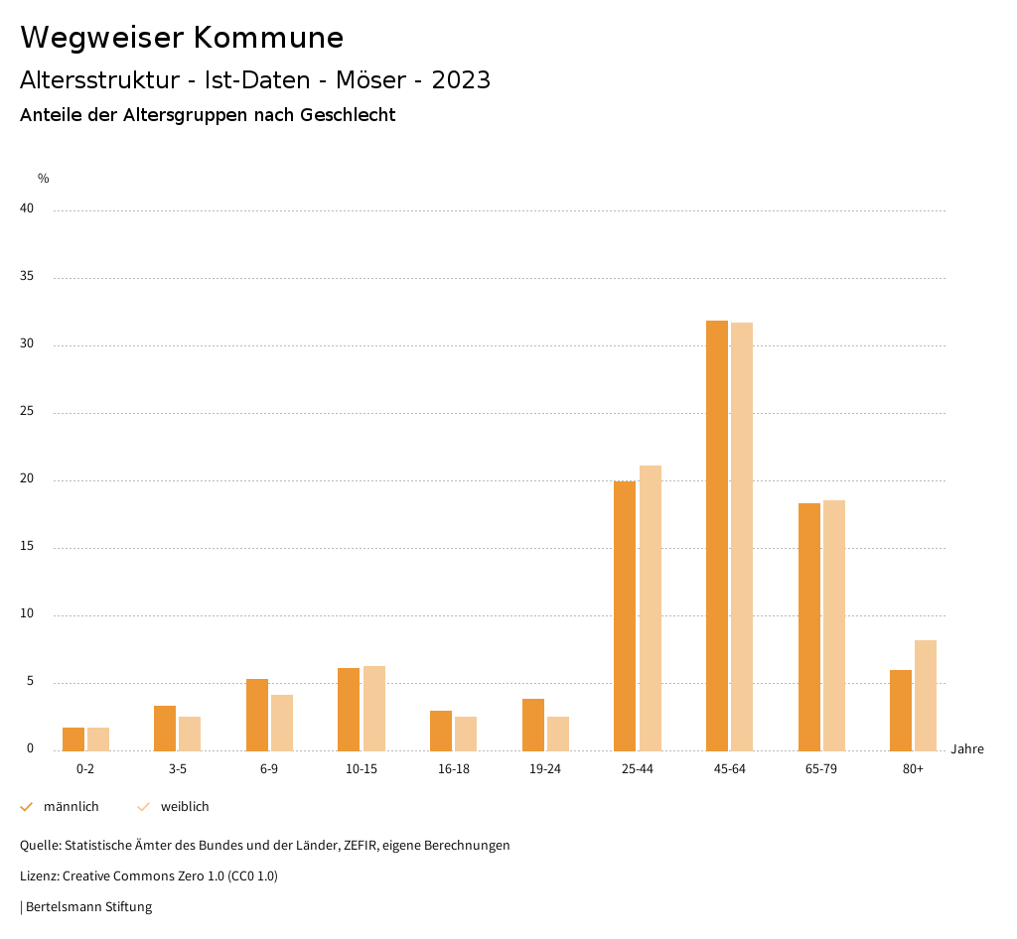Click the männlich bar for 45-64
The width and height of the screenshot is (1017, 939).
click(x=717, y=536)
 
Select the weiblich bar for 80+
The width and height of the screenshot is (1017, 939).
click(x=926, y=696)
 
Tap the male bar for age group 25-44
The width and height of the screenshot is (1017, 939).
click(x=625, y=615)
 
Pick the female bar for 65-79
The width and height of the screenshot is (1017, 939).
click(x=834, y=625)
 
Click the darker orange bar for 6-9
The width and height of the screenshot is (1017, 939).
click(x=257, y=715)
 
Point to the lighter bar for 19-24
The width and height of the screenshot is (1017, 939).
click(x=558, y=734)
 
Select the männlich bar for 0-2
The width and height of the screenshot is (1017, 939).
click(x=73, y=739)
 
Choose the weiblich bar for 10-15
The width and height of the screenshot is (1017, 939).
click(x=374, y=709)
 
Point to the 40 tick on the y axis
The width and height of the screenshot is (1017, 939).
click(x=27, y=209)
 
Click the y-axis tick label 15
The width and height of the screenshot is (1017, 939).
click(x=27, y=547)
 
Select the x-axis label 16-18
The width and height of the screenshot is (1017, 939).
click(x=454, y=769)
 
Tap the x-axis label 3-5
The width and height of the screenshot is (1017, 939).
click(x=178, y=769)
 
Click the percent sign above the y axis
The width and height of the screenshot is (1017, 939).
click(x=44, y=179)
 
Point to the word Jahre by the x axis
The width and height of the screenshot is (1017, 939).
click(x=967, y=749)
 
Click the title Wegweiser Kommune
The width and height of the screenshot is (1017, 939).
click(x=182, y=38)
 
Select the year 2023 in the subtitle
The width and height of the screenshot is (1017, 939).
click(x=461, y=80)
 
